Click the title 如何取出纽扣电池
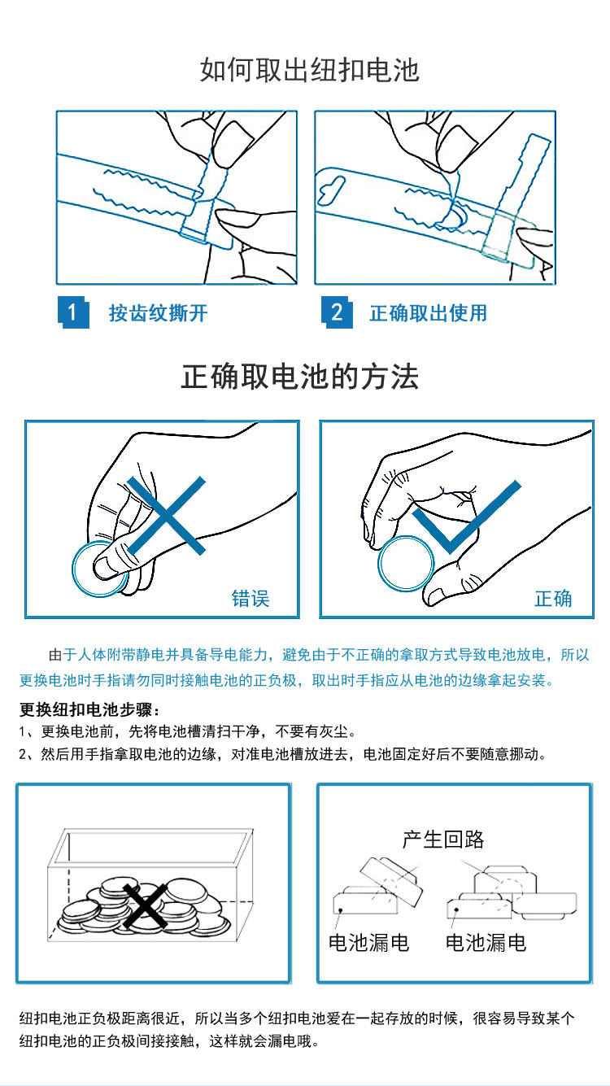[309, 70]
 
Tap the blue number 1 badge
[73, 312]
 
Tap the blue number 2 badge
[337, 312]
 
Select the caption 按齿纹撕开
[158, 313]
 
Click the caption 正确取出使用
[428, 313]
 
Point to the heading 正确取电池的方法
[299, 377]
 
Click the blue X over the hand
[166, 515]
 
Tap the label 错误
[251, 598]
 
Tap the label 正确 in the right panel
[553, 598]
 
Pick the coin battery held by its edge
[406, 564]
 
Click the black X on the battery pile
[145, 906]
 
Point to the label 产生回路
[443, 840]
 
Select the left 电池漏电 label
[369, 943]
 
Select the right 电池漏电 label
[486, 943]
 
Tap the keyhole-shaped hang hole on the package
[331, 190]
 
